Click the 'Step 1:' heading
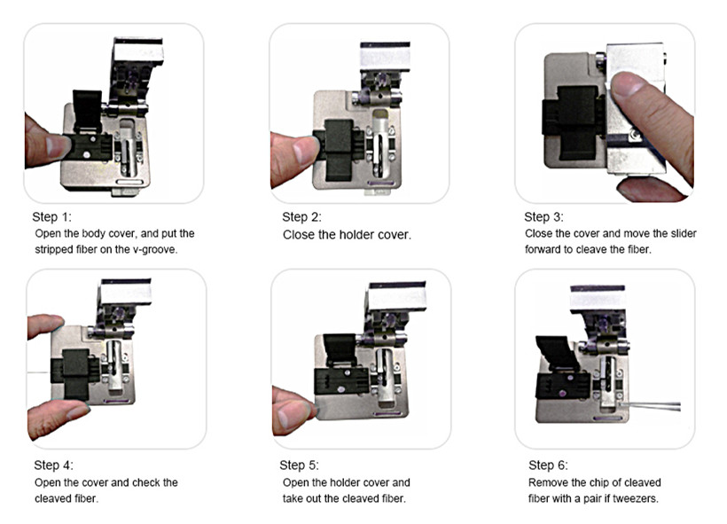pos(52,217)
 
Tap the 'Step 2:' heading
pos(301,217)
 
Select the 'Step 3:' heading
pos(543,217)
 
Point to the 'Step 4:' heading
pos(54,465)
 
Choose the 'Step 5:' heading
pos(300,465)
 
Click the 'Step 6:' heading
pos(549,465)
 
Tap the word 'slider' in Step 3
pos(684,233)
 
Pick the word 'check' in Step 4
pos(145,482)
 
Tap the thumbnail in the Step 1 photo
pos(58,145)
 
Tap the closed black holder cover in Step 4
pos(75,374)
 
